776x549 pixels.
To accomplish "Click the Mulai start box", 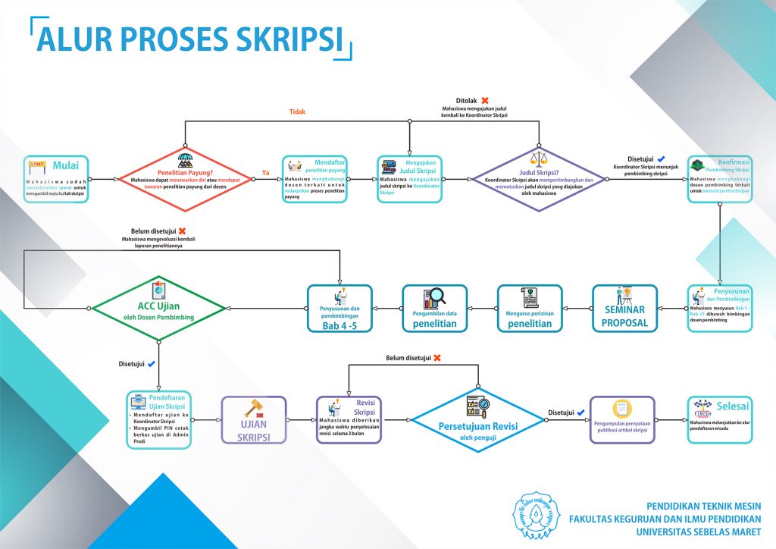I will click(56, 180).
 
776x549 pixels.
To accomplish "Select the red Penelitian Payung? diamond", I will click(186, 180).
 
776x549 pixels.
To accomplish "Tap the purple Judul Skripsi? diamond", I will click(539, 180).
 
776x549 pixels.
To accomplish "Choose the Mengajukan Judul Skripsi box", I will click(409, 180).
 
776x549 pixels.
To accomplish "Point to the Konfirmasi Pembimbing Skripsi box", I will click(720, 180).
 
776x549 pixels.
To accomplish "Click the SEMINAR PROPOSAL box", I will click(624, 309).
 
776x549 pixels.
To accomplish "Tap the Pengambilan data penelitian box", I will click(435, 309).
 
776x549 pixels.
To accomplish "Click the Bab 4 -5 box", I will click(339, 309).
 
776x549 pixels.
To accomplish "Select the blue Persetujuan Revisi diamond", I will click(478, 419).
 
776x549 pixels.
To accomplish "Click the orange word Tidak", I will click(297, 111).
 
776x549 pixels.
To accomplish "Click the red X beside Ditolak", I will click(485, 100).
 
